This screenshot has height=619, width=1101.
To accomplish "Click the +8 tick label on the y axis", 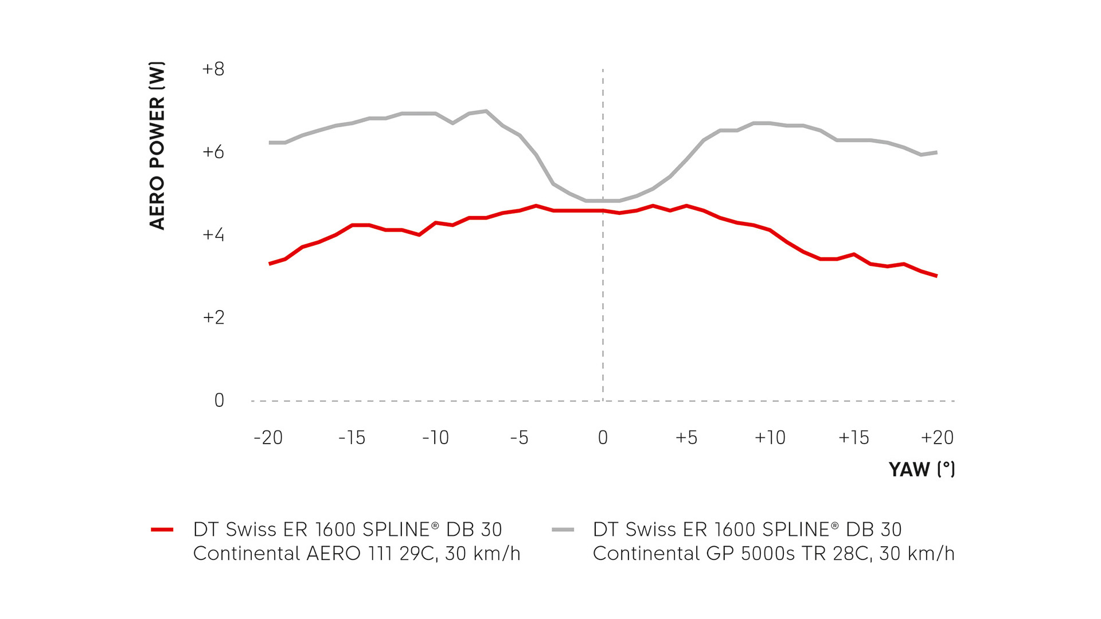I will (213, 69).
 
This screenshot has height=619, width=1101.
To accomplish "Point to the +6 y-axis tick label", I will (213, 152).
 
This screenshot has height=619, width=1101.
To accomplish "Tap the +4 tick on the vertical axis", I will (213, 235).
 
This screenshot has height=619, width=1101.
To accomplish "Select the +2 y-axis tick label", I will (213, 318).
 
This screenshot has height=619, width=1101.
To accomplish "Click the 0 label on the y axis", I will (219, 400).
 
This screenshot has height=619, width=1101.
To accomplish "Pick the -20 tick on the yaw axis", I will (268, 438).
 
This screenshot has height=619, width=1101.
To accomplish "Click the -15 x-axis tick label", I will (352, 438).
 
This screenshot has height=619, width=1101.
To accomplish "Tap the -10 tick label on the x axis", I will (435, 438).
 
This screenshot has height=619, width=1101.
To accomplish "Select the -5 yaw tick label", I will (519, 438).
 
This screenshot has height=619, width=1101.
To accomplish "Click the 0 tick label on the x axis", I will (603, 438).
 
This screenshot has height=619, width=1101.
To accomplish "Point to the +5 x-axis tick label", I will (686, 438).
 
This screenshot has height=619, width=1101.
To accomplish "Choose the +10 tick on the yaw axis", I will (770, 438).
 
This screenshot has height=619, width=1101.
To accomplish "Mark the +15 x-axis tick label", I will (854, 438).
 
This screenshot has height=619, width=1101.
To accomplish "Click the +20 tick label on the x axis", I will (937, 438).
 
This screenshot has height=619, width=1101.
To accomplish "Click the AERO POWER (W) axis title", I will (157, 146).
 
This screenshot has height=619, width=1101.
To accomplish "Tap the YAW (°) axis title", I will (922, 469).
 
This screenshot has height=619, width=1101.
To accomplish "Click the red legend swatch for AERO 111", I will (162, 530).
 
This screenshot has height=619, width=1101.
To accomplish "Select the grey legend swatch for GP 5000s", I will (563, 530).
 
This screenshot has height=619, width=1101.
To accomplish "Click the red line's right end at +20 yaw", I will (936, 276).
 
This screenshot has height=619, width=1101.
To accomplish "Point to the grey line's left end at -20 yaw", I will (270, 143).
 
